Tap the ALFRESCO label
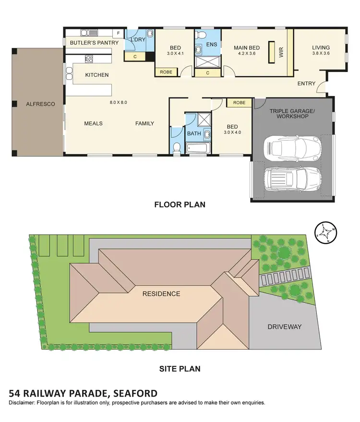point(40,104)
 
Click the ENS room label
point(211,45)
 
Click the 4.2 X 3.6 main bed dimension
point(247,54)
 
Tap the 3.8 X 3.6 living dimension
point(321,54)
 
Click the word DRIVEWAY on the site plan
point(285,326)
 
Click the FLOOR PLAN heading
point(180,205)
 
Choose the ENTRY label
point(306,84)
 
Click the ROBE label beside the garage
point(239,103)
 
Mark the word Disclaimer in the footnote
point(23,403)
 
